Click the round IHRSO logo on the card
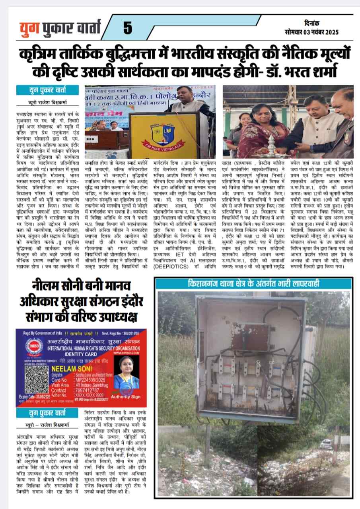click(x=34, y=346)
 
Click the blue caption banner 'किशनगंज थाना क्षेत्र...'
click(x=253, y=284)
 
